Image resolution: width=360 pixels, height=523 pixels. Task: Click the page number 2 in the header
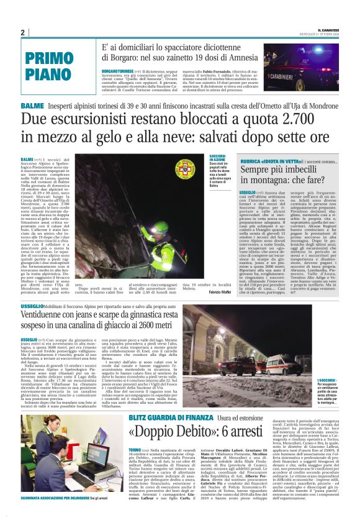(x=23, y=33)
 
